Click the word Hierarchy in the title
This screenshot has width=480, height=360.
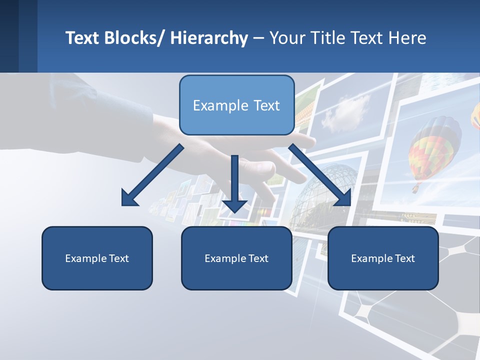(209, 38)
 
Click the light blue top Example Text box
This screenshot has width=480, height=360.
(236, 105)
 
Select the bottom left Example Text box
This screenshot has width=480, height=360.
(97, 258)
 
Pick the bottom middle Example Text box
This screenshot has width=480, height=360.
(236, 258)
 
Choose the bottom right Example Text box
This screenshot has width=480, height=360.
(383, 258)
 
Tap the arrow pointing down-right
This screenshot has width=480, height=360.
(319, 175)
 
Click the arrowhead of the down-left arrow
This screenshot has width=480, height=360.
(129, 198)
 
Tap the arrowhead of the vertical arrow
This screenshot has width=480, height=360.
(234, 205)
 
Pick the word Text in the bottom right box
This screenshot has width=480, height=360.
(404, 258)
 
